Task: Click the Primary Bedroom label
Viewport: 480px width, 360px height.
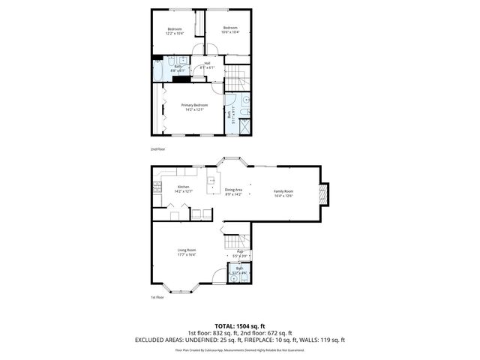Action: point(193,105)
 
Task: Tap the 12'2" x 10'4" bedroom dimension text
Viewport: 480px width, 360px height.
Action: point(174,33)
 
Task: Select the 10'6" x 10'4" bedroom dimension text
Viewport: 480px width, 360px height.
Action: point(230,33)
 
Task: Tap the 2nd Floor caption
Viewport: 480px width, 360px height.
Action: point(157,149)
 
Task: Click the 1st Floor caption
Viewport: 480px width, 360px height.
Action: point(157,297)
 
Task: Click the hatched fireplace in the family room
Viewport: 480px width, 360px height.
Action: point(323,194)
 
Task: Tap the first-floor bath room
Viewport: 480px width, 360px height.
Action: point(239,273)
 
